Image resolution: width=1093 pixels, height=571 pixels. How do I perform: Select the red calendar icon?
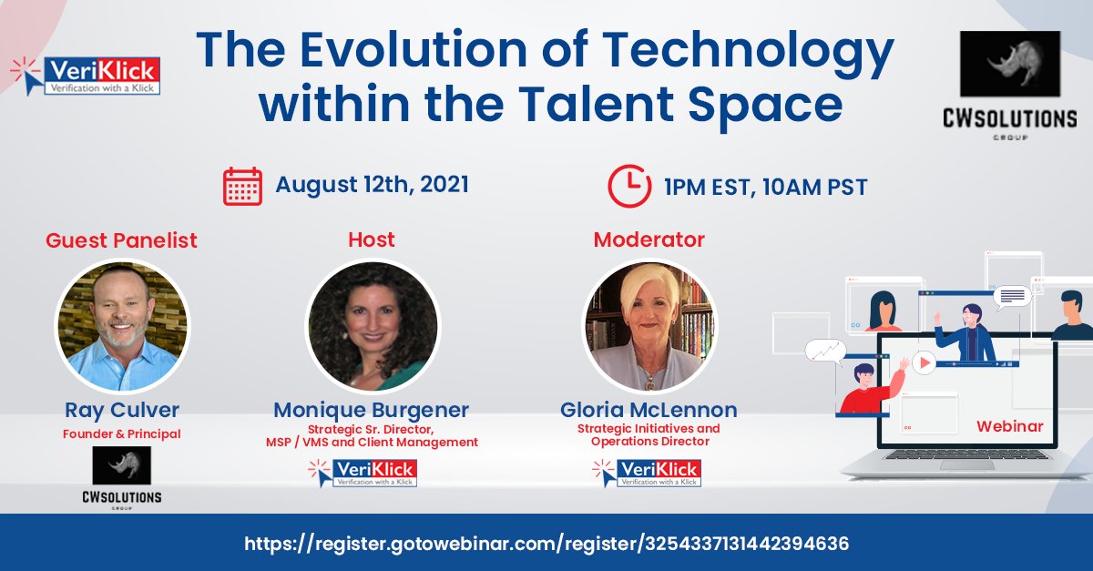pos(242,186)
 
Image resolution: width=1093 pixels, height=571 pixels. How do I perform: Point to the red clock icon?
pos(628,186)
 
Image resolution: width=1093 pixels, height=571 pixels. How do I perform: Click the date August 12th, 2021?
pos(372,185)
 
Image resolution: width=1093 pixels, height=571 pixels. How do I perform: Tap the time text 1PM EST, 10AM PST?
pos(765,188)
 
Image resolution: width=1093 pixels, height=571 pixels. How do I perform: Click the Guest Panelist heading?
pos(121,240)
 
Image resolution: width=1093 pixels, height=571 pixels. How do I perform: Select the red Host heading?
pos(372,240)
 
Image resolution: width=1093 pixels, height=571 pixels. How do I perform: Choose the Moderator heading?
pos(649,240)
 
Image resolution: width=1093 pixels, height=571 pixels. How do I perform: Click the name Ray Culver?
pos(121,409)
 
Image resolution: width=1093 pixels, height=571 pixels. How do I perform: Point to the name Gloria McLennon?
pos(648,410)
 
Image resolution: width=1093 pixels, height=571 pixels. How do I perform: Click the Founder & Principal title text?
pos(121,433)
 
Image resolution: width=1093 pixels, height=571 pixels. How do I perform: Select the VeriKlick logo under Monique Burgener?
pos(363,472)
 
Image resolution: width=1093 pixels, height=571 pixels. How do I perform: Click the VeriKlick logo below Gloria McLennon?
pos(646,472)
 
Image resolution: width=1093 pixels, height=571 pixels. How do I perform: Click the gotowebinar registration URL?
pos(546,544)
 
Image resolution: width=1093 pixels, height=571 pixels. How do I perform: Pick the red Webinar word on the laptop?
pos(1009,426)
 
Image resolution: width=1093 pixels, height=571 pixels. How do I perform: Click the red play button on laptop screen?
pos(924,363)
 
